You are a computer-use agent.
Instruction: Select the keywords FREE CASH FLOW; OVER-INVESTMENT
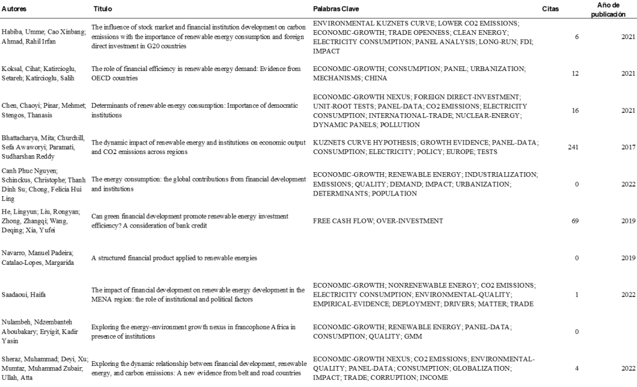pyautogui.click(x=378, y=221)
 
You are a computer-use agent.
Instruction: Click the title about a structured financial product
pyautogui.click(x=175, y=258)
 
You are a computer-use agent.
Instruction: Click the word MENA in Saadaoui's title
pyautogui.click(x=101, y=299)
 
